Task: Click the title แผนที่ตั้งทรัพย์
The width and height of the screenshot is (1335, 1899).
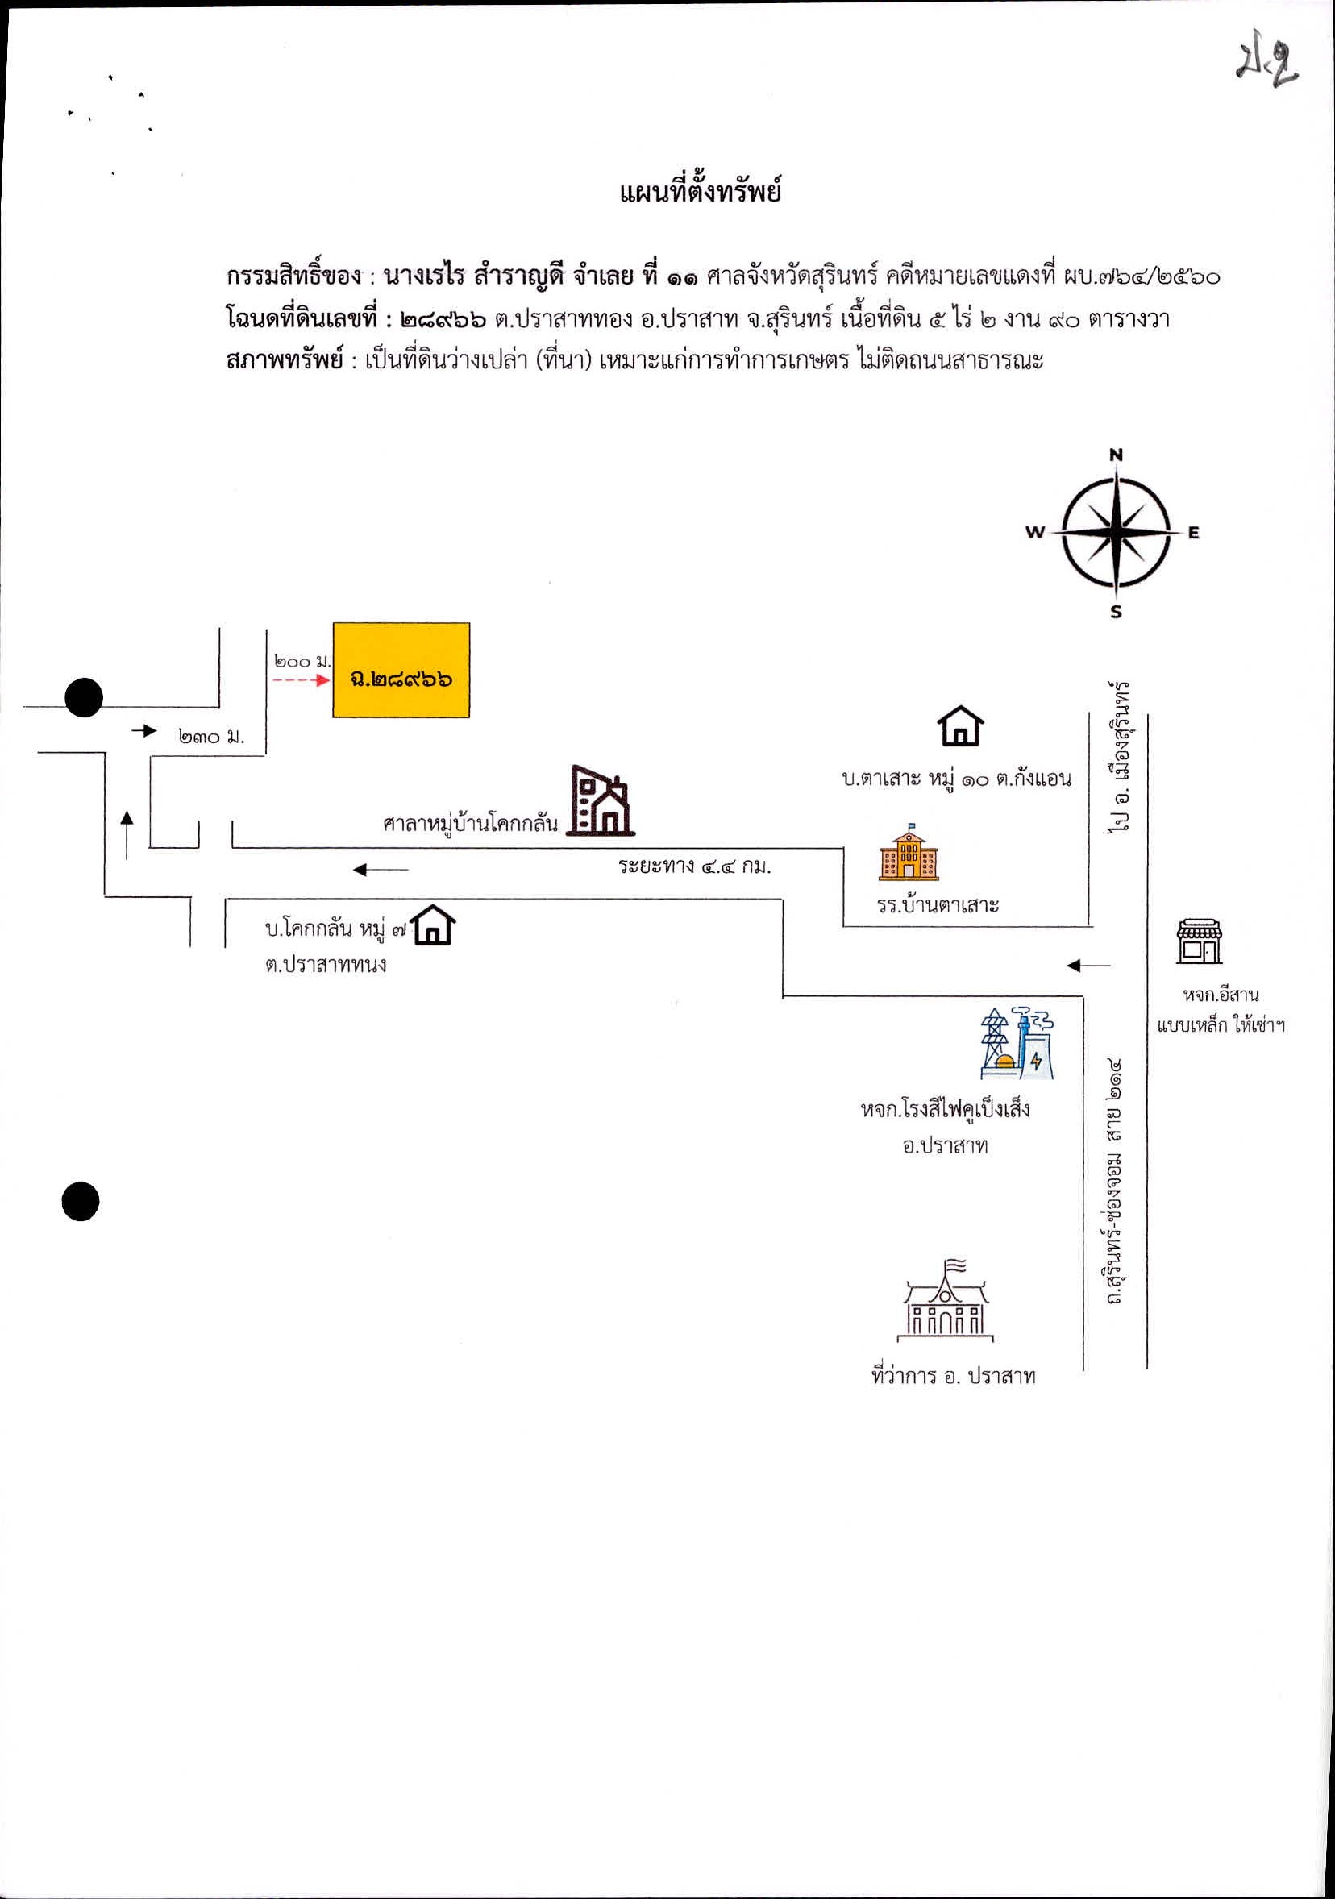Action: [700, 193]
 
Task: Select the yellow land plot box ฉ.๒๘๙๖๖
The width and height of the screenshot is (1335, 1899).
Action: [401, 670]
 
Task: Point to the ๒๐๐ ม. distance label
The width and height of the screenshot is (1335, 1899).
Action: [302, 661]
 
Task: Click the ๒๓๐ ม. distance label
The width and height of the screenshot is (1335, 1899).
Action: [211, 736]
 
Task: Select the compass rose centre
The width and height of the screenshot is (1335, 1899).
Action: [1116, 531]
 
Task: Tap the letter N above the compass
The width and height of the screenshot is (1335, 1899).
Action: [1116, 454]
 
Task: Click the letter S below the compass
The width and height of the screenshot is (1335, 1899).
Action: [1116, 612]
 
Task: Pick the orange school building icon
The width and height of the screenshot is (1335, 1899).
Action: [909, 850]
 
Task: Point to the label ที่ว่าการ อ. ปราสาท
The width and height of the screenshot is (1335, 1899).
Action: [953, 1375]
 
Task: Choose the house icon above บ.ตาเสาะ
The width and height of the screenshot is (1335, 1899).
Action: [960, 725]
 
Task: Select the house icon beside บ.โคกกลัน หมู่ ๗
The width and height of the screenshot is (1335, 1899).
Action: [435, 925]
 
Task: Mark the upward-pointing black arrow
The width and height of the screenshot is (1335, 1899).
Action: [127, 834]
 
